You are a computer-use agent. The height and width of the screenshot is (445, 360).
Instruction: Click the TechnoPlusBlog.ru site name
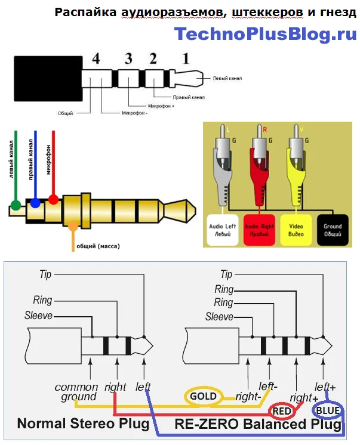pyautogui.click(x=265, y=34)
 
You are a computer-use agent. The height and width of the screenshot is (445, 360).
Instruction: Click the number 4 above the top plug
pyautogui.click(x=96, y=60)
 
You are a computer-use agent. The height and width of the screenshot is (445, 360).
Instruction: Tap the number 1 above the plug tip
pyautogui.click(x=186, y=58)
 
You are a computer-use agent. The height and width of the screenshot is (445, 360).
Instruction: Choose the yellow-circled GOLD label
pyautogui.click(x=204, y=395)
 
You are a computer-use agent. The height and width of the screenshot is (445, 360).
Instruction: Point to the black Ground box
pyautogui.click(x=333, y=230)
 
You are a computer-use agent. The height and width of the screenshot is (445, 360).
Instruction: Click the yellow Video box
pyautogui.click(x=296, y=230)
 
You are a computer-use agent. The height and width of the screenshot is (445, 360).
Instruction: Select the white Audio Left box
pyautogui.click(x=223, y=230)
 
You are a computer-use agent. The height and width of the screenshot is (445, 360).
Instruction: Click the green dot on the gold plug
pyautogui.click(x=16, y=206)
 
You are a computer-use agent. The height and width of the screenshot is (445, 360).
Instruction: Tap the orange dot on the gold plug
pyautogui.click(x=73, y=226)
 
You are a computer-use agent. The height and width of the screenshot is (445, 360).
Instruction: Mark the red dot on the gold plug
pyautogui.click(x=53, y=200)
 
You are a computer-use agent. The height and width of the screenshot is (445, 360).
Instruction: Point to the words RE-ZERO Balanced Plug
pyautogui.click(x=258, y=425)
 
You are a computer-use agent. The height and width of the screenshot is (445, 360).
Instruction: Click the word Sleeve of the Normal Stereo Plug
pyautogui.click(x=39, y=316)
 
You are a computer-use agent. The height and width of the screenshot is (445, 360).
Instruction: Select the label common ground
pyautogui.click(x=76, y=392)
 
